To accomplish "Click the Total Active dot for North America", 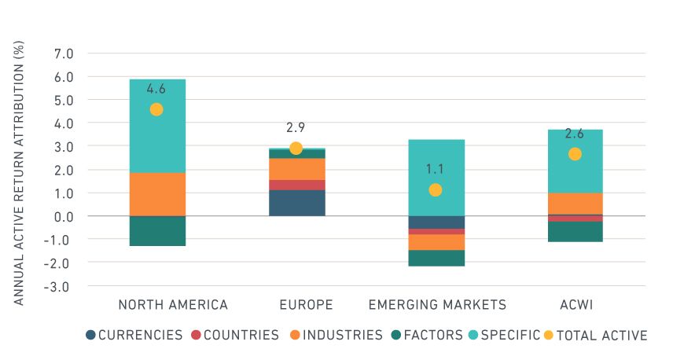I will pyautogui.click(x=156, y=109).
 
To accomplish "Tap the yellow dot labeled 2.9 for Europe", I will pyautogui.click(x=296, y=148).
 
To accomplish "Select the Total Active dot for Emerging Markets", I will pyautogui.click(x=436, y=189).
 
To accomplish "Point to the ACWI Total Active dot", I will pyautogui.click(x=575, y=154).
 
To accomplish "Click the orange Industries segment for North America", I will pyautogui.click(x=157, y=194).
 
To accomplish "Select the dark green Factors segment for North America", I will pyautogui.click(x=157, y=231).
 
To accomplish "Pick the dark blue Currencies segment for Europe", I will pyautogui.click(x=296, y=203).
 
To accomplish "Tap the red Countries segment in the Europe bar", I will pyautogui.click(x=296, y=185).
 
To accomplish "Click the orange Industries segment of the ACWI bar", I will pyautogui.click(x=575, y=204).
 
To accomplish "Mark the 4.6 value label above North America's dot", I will pyautogui.click(x=156, y=89).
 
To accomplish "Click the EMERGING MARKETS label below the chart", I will pyautogui.click(x=436, y=305).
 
